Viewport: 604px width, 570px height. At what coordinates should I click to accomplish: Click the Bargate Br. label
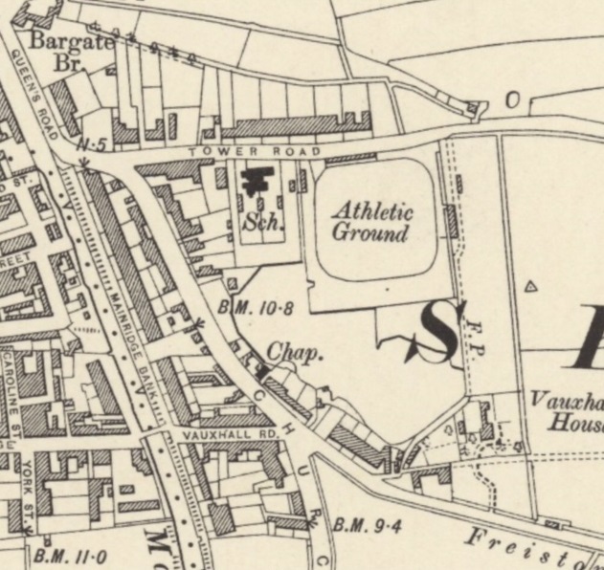pyautogui.click(x=72, y=50)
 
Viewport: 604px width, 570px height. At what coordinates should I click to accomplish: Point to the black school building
pyautogui.click(x=257, y=182)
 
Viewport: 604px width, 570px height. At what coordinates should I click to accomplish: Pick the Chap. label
pyautogui.click(x=294, y=353)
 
